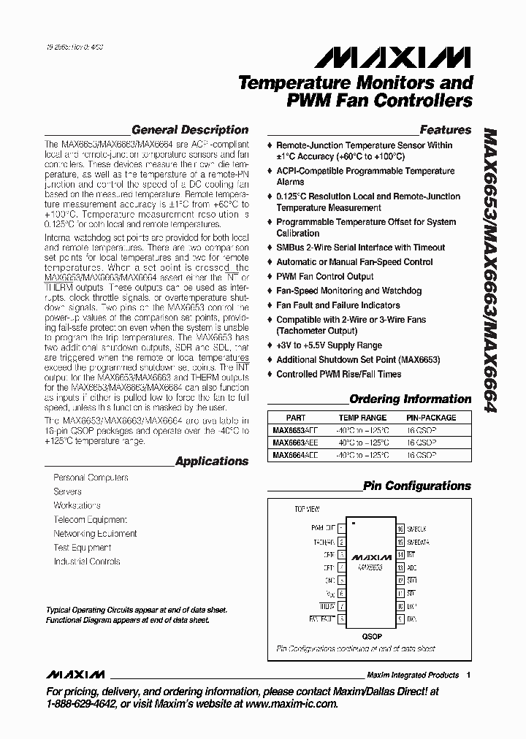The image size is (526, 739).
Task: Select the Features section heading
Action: point(445,130)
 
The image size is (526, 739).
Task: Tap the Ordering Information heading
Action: point(410,399)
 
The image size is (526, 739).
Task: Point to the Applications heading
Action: point(212,462)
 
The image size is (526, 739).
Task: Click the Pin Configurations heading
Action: point(416,486)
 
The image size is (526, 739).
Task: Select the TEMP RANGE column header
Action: point(358,418)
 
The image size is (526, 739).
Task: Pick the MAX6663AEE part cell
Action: point(296,443)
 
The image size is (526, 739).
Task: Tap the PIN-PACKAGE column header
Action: point(430,418)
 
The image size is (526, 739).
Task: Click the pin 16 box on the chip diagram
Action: point(400,528)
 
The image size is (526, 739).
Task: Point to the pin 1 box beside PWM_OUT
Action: point(341,528)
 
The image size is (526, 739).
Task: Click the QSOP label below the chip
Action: point(370,635)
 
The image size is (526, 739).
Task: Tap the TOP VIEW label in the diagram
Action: point(306,508)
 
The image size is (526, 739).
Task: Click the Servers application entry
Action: point(67,491)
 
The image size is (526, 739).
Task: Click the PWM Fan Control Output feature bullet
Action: point(324,277)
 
